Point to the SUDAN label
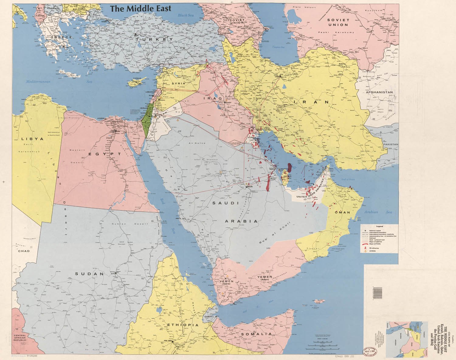(90, 274)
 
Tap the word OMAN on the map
(343, 213)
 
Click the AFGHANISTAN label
(379, 92)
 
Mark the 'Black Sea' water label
(186, 15)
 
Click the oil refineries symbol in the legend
(365, 248)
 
